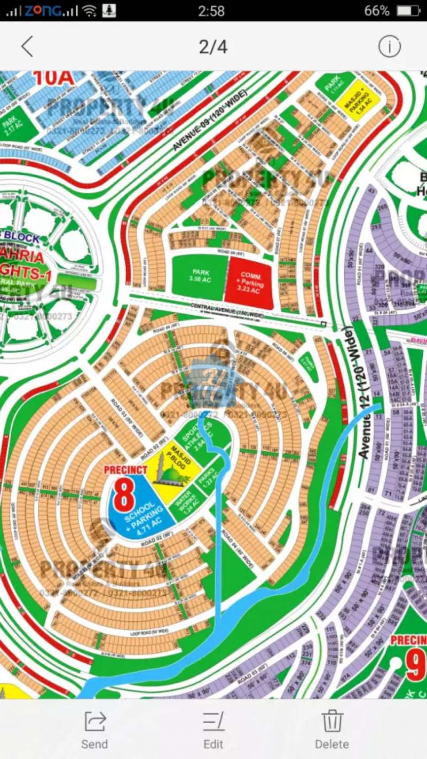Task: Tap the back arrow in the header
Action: point(27,47)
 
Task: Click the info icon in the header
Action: point(389,47)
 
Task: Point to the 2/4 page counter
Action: point(213,47)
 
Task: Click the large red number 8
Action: point(124,496)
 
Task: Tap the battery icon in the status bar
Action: point(408,11)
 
